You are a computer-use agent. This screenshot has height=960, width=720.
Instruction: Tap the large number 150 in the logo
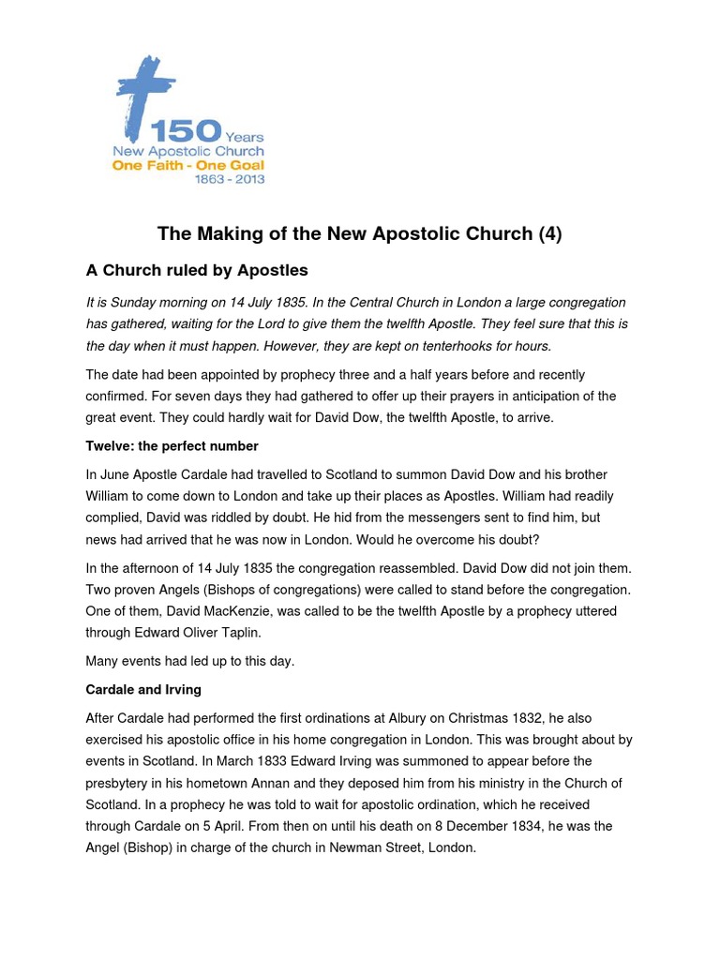pyautogui.click(x=187, y=131)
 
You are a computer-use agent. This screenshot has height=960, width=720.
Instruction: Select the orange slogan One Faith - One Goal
pyautogui.click(x=187, y=165)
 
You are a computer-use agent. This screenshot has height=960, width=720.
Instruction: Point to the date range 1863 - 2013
pyautogui.click(x=230, y=179)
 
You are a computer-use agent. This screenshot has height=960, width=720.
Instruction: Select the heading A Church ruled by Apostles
pyautogui.click(x=197, y=271)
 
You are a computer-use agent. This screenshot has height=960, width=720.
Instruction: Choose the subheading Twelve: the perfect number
pyautogui.click(x=172, y=445)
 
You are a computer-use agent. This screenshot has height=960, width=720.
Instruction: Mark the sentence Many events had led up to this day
pyautogui.click(x=189, y=661)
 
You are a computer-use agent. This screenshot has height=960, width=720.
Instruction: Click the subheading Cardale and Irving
pyautogui.click(x=143, y=689)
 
